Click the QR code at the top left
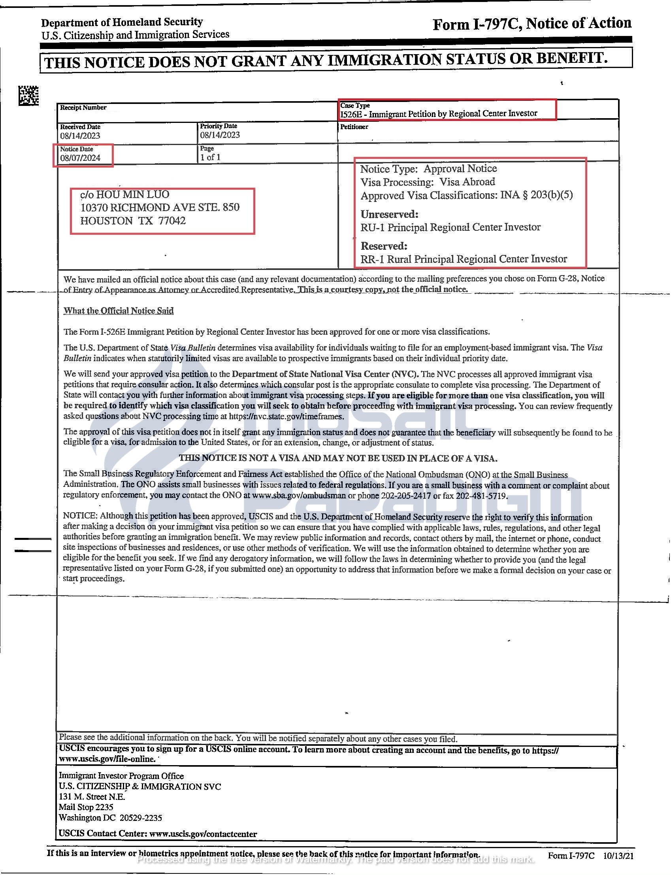(28, 96)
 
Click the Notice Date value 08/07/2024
(80, 158)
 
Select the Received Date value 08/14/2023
(80, 136)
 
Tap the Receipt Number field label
(83, 107)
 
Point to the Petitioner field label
(354, 126)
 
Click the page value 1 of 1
(210, 157)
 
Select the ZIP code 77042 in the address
(172, 221)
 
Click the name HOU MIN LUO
(133, 194)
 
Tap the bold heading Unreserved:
(389, 214)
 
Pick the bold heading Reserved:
(384, 245)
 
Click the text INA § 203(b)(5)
(536, 195)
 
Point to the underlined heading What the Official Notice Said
(119, 311)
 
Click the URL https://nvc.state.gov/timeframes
(286, 416)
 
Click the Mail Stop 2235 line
(86, 807)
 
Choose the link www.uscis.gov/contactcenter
(203, 834)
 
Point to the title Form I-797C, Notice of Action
(532, 24)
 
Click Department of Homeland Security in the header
(122, 22)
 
